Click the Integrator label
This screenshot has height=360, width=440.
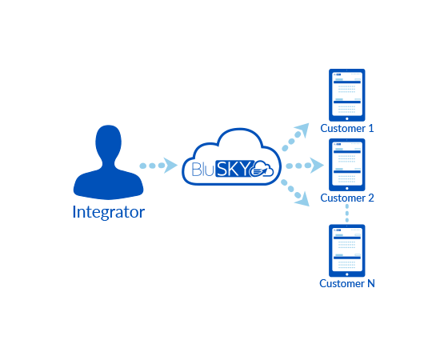pos(109,212)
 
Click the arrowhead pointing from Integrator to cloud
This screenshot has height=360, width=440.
pos(170,166)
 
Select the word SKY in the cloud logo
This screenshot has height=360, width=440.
pos(233,169)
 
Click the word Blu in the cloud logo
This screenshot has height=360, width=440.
pos(203,169)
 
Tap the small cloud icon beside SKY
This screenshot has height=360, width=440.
pos(261,169)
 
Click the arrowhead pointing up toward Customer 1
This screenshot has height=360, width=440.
pos(302,130)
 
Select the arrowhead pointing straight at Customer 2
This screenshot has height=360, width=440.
pos(317,166)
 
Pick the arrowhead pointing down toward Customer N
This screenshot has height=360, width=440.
pos(302,199)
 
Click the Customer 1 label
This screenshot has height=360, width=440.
pos(347,129)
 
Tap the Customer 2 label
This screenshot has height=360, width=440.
pos(347,198)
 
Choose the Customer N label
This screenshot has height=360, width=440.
pos(347,284)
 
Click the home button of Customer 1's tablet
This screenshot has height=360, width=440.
pos(347,118)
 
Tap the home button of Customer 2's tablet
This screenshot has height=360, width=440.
pos(347,188)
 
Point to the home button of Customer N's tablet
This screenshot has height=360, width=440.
pos(347,274)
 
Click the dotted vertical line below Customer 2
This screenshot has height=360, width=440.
pos(347,213)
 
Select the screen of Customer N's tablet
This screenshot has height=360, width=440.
pos(347,250)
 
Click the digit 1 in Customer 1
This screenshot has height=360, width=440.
pos(371,129)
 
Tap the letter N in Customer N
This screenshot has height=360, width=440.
pos(371,284)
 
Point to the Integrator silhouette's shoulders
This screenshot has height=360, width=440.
pos(108,184)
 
